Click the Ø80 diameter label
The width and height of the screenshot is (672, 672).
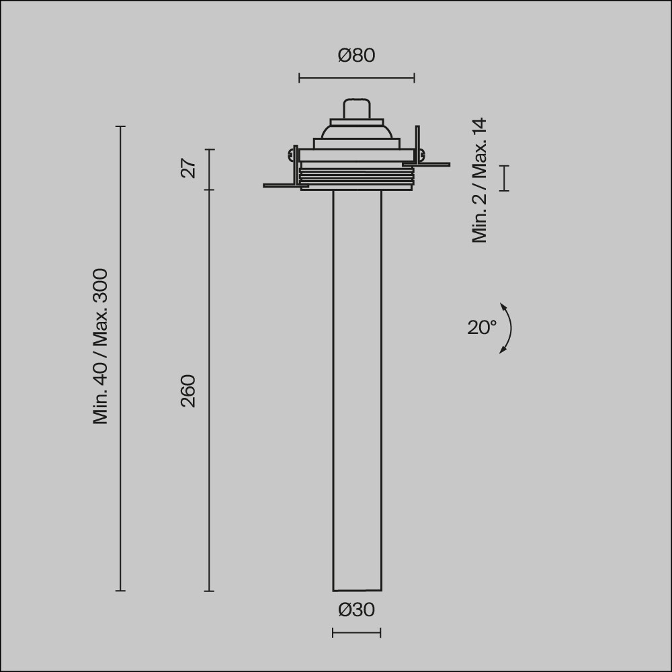click(x=357, y=56)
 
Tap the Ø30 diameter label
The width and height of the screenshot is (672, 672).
click(x=357, y=610)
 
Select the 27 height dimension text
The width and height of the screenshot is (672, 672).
click(x=188, y=169)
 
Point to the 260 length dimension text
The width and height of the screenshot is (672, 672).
click(x=188, y=391)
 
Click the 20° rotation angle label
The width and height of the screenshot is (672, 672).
click(x=482, y=327)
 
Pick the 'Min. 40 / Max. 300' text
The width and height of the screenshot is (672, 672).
click(x=100, y=346)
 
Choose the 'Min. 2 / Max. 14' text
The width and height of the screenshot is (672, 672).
click(x=479, y=180)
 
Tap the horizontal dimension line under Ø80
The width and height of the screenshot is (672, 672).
click(x=357, y=78)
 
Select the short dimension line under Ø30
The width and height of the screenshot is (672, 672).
click(x=357, y=632)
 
